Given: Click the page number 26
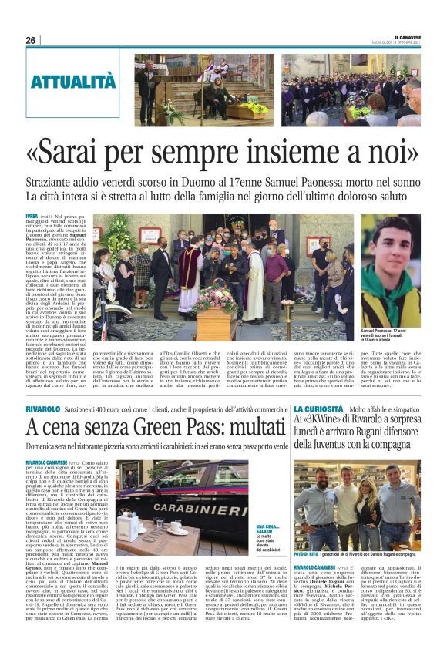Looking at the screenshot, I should coord(31,40).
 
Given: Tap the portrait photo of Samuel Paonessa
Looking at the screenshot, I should coord(390,266).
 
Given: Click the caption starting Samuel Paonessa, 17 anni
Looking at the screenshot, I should coord(389,331).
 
